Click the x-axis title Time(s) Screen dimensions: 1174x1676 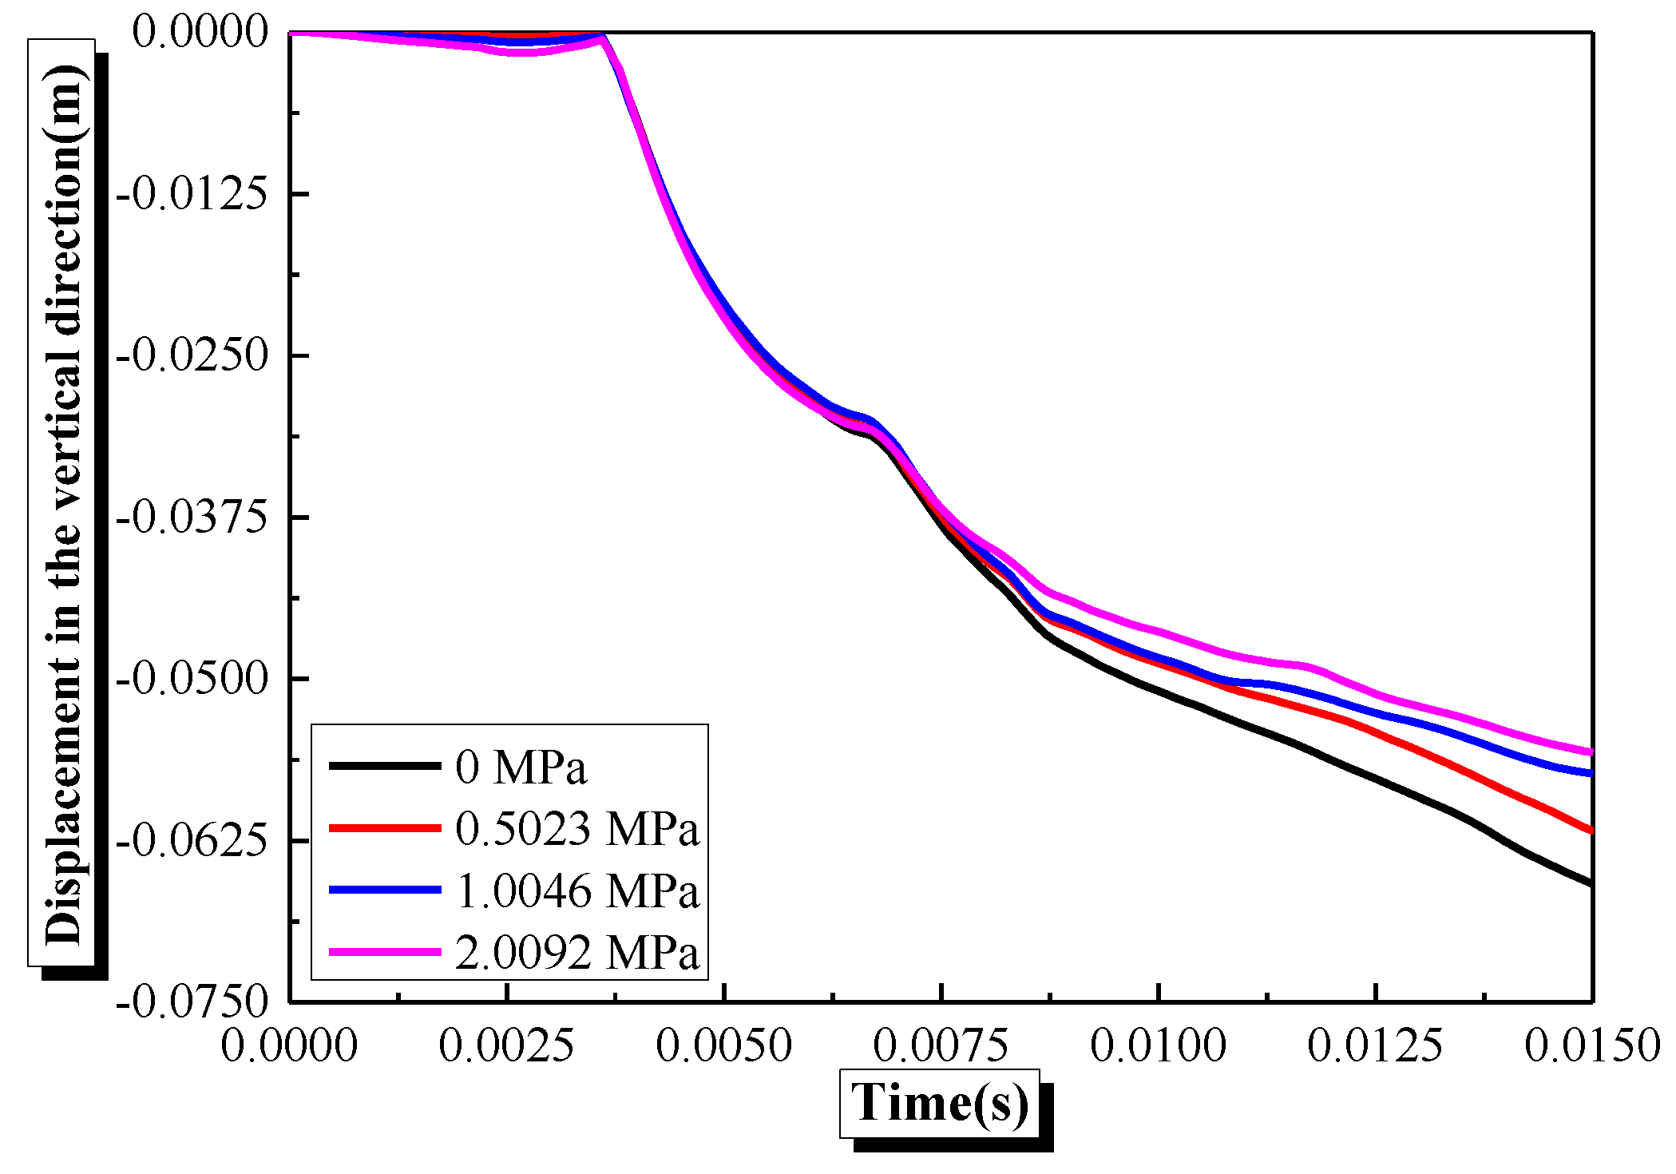coord(939,1104)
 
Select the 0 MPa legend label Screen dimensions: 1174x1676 coord(521,767)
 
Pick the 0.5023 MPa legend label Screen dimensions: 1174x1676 coord(576,828)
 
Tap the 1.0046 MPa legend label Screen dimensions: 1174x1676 coord(576,890)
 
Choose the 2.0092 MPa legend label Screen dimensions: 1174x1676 coord(576,952)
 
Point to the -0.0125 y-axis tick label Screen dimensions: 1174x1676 coord(192,194)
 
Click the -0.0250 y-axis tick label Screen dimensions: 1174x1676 coord(192,355)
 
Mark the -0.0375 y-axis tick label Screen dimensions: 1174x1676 coord(192,518)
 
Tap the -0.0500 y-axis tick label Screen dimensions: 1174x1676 coord(192,679)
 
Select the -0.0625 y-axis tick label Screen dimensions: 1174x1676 coord(192,841)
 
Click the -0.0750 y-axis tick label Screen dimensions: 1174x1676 coord(192,1001)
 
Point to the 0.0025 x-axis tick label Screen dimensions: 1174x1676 coord(506,1045)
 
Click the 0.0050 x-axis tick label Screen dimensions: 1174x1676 coord(723,1045)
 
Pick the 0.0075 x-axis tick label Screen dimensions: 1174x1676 coord(941,1045)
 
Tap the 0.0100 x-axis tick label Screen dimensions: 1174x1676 coord(1158,1045)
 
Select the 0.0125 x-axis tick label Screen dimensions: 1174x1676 coord(1375,1045)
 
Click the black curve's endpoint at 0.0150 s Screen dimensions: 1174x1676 coord(1591,883)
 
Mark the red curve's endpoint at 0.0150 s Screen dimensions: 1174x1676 coord(1591,831)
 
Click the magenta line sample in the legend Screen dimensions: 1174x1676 coord(385,952)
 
